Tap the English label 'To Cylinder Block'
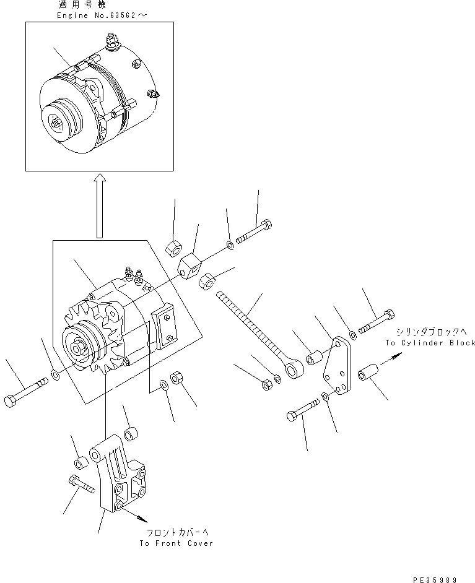click(430, 342)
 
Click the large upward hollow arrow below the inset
click(99, 204)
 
